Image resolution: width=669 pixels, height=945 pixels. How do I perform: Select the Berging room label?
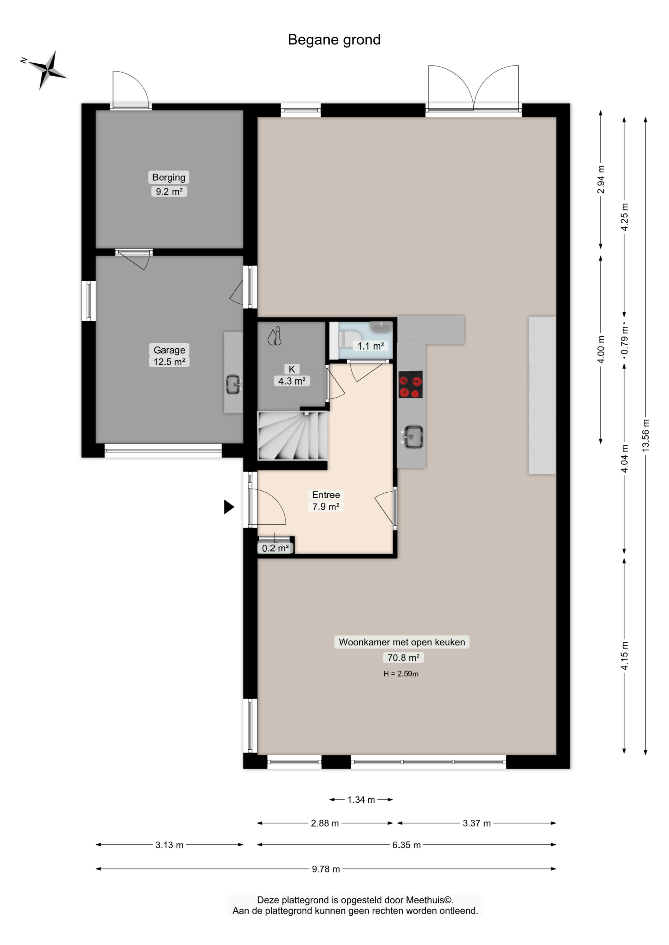[169, 177]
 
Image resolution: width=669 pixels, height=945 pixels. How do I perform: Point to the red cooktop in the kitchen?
[410, 385]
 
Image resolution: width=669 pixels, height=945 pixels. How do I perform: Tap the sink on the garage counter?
[234, 385]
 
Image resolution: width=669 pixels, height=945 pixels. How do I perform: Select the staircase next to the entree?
[292, 436]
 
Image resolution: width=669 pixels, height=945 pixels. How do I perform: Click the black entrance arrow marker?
[229, 507]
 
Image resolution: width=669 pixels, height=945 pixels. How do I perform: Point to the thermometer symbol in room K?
[274, 336]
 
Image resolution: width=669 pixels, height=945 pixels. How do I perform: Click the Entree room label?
[326, 495]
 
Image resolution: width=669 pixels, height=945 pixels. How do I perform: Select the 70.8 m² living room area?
[403, 658]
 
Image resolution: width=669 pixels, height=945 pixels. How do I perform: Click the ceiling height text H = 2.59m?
[401, 674]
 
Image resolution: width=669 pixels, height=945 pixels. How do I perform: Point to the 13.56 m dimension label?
[645, 435]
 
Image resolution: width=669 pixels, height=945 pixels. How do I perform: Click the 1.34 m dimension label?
[361, 800]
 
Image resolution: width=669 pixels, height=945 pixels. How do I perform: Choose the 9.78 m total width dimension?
[326, 869]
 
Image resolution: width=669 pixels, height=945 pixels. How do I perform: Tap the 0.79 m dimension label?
[625, 340]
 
